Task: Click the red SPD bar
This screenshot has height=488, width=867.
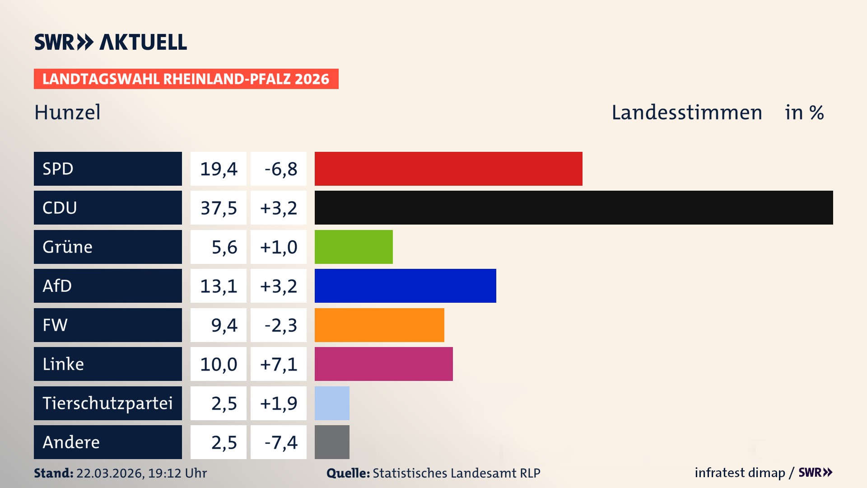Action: click(x=448, y=169)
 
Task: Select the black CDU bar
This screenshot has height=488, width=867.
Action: click(x=573, y=208)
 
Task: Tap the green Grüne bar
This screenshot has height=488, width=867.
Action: click(x=354, y=247)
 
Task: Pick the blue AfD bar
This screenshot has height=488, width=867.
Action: click(x=405, y=286)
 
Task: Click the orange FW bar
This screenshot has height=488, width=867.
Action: click(x=379, y=325)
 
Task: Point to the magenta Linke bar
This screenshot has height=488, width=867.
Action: click(x=383, y=364)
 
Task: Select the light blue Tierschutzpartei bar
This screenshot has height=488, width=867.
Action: click(x=332, y=403)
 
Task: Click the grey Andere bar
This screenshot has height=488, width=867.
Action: click(x=332, y=442)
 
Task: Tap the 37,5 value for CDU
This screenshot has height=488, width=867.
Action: click(x=219, y=208)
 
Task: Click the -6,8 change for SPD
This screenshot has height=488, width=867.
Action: click(x=280, y=169)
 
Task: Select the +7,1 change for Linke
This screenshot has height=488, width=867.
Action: click(x=279, y=364)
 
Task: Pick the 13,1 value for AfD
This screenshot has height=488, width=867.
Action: click(x=219, y=286)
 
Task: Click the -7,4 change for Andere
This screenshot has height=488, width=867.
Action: click(x=280, y=442)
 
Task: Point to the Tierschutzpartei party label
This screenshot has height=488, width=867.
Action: click(x=107, y=403)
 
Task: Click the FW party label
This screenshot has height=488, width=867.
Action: click(x=55, y=325)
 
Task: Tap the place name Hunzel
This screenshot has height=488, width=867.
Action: click(x=67, y=112)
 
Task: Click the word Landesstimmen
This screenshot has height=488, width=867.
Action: click(x=686, y=112)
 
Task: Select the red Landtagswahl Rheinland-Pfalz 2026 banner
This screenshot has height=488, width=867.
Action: click(x=186, y=79)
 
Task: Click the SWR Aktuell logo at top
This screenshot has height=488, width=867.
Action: click(x=110, y=42)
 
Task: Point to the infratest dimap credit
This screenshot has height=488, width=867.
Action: click(x=739, y=473)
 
